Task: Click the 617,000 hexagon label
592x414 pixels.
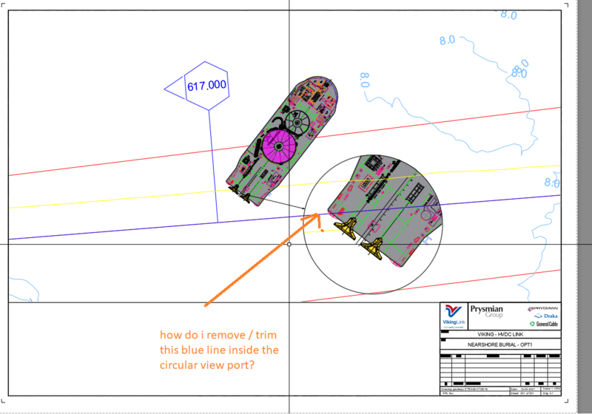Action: pos(206,86)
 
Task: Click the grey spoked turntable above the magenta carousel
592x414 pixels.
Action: pos(300,121)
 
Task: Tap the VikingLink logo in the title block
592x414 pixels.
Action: pos(451,316)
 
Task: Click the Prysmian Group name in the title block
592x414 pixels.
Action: pos(485,311)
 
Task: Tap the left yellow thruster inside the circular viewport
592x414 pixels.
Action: pos(346,226)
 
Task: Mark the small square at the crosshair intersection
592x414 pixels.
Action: pos(289,243)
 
